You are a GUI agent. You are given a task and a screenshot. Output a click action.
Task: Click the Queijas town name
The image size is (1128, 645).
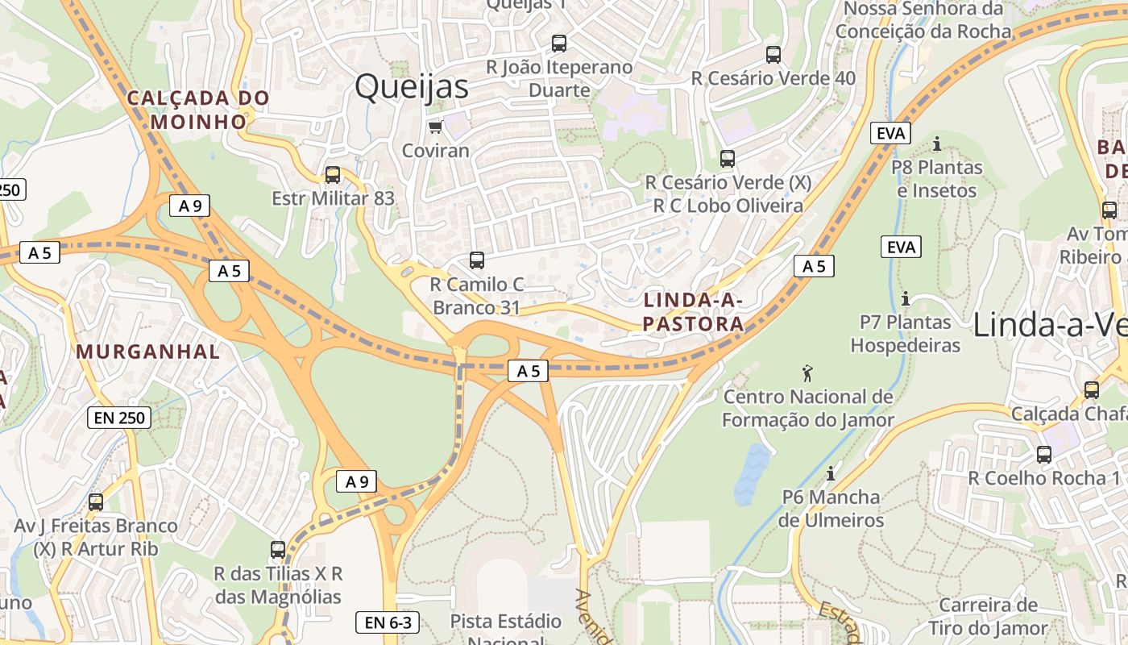[411, 86]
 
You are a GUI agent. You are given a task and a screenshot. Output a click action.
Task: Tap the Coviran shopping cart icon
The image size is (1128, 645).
[435, 127]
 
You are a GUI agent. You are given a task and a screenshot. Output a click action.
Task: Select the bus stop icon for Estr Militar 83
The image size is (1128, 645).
[332, 175]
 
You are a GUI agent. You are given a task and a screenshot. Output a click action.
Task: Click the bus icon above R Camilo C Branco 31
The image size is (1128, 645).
[477, 260]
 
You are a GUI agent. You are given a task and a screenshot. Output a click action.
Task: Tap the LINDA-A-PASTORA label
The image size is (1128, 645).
[694, 312]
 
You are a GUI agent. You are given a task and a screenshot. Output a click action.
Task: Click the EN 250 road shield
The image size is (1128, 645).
[118, 418]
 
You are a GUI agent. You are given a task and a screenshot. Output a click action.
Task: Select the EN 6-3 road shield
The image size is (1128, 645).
[388, 622]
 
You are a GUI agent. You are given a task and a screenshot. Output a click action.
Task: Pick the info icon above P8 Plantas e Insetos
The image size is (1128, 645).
[936, 144]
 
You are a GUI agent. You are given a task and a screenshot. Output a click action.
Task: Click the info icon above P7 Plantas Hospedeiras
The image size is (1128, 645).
[905, 299]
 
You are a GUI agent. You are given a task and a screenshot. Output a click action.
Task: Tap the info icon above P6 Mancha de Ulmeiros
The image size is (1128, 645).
[831, 473]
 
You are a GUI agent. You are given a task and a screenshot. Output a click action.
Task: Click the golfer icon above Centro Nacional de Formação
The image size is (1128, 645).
[807, 373]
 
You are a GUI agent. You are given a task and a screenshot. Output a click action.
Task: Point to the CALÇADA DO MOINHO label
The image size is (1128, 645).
[198, 110]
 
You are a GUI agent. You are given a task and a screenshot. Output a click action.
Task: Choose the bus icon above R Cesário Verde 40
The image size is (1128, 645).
[773, 55]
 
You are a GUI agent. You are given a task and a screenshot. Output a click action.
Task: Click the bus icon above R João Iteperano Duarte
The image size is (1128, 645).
[559, 44]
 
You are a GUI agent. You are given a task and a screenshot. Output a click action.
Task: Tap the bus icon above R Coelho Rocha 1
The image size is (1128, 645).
[1044, 455]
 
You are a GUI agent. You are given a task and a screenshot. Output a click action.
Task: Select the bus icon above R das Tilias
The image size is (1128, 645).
[278, 550]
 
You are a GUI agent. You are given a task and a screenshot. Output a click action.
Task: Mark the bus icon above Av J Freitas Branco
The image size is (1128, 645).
[96, 502]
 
